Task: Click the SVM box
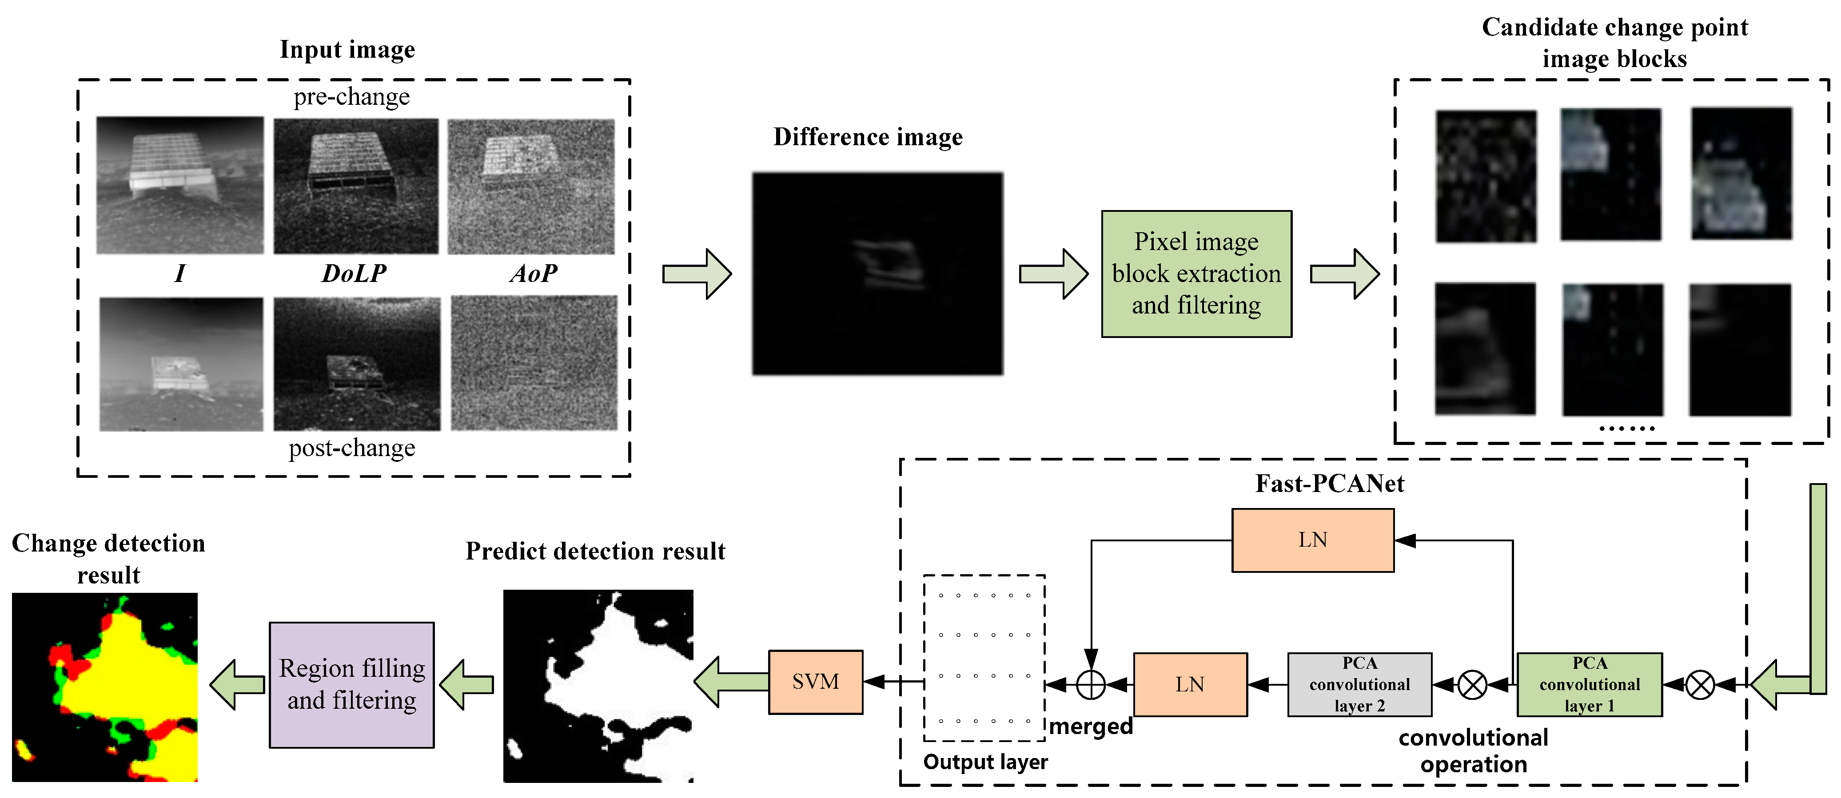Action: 816,682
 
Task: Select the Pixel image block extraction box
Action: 1196,274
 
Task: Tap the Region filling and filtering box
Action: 351,684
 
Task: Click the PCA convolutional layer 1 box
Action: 1590,684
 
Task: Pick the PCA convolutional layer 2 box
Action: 1359,684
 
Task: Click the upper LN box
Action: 1312,540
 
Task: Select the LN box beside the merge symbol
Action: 1190,684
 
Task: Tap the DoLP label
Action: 354,274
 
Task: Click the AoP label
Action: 533,274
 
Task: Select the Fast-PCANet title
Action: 1329,484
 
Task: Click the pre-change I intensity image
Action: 180,185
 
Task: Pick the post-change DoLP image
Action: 357,364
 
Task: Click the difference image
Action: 877,274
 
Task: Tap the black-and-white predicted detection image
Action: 598,686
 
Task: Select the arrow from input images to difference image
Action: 696,274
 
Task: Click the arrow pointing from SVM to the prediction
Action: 730,682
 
